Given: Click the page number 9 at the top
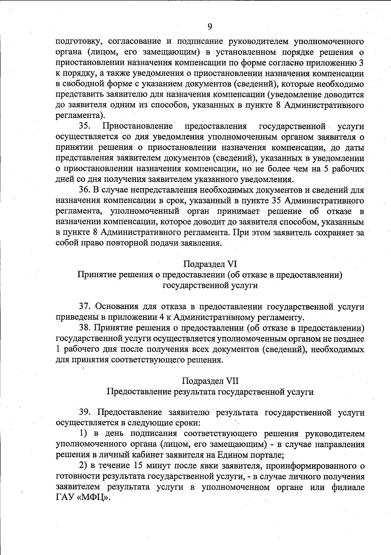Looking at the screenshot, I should tap(210, 26).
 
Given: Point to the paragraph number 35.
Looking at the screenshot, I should tap(84, 126).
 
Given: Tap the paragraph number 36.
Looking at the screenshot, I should tap(84, 190).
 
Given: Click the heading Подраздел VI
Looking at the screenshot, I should tap(210, 264).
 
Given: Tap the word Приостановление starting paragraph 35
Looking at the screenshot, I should tap(138, 126).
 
